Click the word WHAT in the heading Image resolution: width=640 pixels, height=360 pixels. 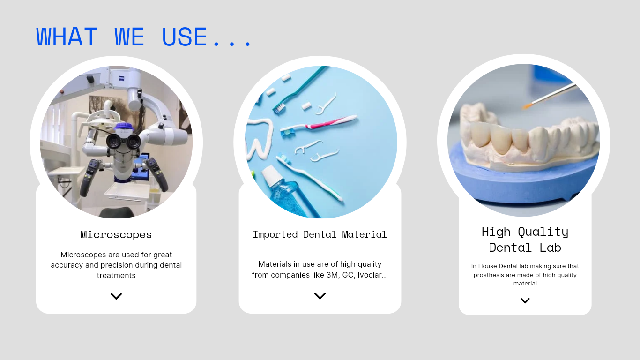point(67,37)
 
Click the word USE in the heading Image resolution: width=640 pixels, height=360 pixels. point(184,37)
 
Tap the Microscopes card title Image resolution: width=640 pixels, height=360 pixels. point(116,234)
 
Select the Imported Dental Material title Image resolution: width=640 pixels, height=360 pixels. point(320,234)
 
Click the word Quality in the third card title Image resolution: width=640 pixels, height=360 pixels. point(543,232)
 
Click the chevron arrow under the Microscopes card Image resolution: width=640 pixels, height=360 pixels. point(116,296)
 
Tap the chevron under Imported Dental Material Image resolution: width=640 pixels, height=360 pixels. point(320,296)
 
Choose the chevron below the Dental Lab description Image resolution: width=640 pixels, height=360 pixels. point(525,300)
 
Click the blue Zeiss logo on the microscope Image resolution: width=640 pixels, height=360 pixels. point(122,79)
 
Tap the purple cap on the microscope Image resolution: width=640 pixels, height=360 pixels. point(124,126)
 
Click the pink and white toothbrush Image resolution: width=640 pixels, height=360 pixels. point(318,126)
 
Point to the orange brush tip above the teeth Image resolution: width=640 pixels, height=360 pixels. point(528,106)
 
